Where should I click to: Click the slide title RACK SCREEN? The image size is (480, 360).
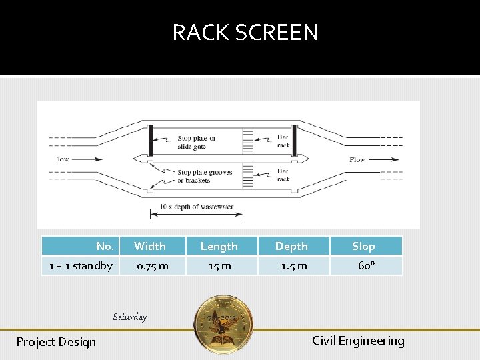tap(245, 33)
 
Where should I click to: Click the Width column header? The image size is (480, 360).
tap(150, 246)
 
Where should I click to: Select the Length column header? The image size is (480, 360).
tap(219, 246)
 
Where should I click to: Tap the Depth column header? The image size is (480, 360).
tap(291, 246)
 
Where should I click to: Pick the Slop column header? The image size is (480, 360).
tap(363, 246)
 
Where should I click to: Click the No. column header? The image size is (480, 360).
tap(105, 246)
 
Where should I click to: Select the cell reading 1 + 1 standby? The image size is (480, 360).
tap(81, 266)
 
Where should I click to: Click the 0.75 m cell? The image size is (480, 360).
tap(152, 266)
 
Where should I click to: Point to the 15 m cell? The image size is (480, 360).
tap(219, 266)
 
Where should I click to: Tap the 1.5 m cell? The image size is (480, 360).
tap(293, 266)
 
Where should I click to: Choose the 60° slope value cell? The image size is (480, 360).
tap(366, 266)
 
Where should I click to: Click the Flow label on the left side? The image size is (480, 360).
tap(61, 159)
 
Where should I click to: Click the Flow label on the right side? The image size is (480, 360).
tap(357, 160)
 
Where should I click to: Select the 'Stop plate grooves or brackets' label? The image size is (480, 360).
tap(205, 176)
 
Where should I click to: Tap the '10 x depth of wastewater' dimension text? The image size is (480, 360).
tap(197, 207)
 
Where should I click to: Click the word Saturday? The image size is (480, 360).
tap(129, 317)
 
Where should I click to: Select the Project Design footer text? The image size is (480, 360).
tap(56, 342)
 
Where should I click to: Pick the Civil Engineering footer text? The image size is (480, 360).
tap(358, 341)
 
